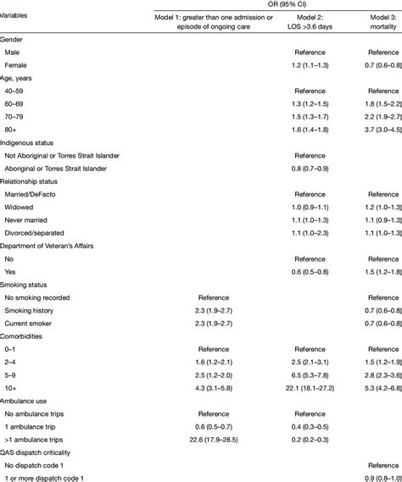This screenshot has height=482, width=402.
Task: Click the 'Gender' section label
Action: tap(12, 40)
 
